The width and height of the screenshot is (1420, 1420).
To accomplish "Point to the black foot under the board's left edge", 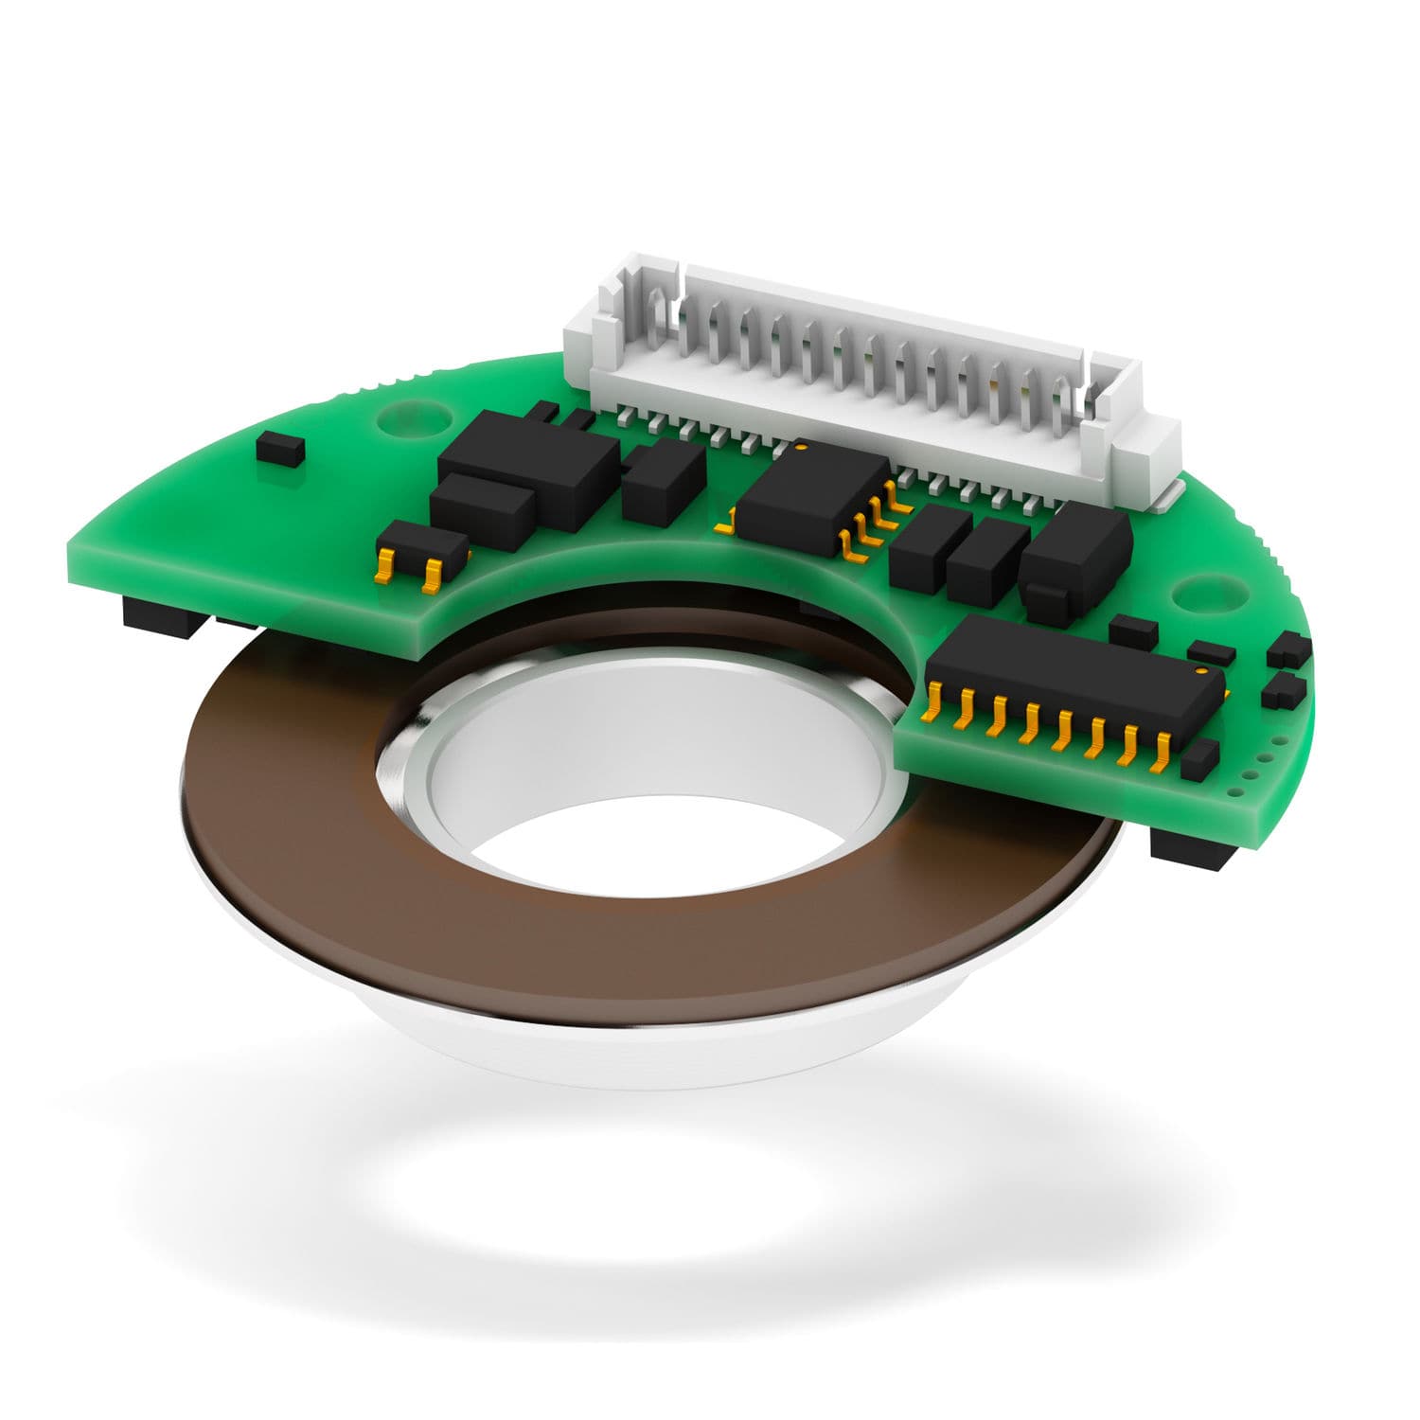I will (161, 615).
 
